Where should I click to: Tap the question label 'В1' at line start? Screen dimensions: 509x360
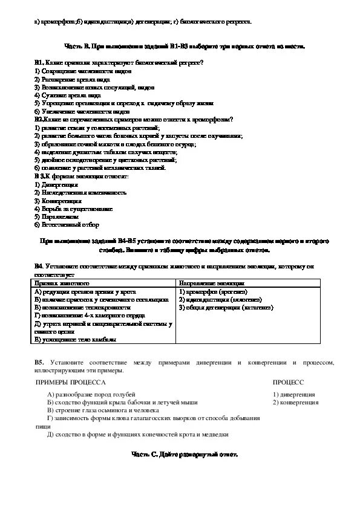38,63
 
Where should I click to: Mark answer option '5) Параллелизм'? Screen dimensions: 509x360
56,216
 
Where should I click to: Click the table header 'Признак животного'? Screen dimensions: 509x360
62,283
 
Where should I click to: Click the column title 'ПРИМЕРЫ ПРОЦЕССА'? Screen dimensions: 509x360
70,383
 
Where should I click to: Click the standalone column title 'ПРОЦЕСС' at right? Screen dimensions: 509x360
288,383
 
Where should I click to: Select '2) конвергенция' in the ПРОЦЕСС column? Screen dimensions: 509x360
295,402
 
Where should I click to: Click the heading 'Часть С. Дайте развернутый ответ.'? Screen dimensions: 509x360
185,454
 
